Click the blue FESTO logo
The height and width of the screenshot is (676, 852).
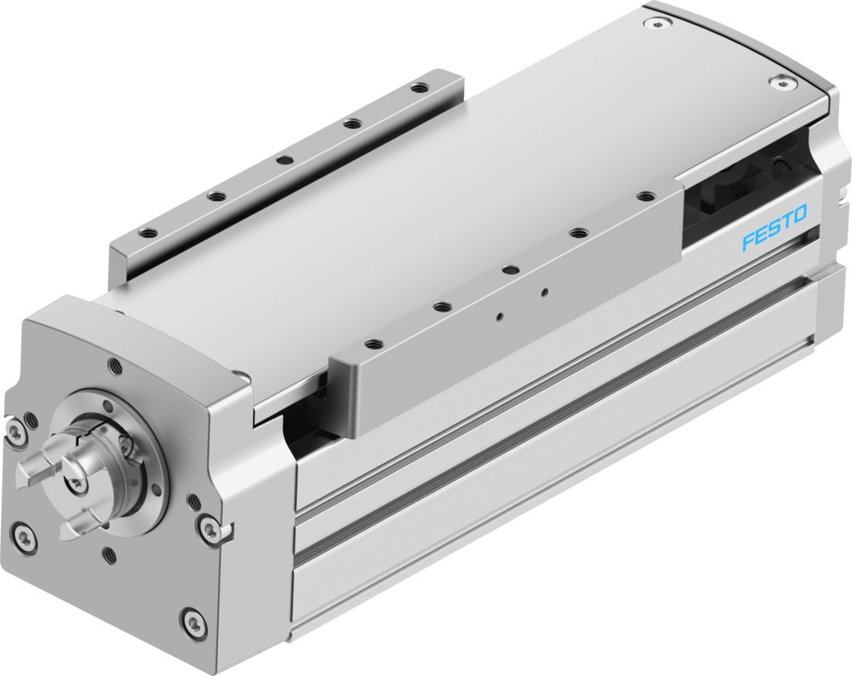click(774, 240)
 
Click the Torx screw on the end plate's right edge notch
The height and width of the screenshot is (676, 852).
click(211, 530)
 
